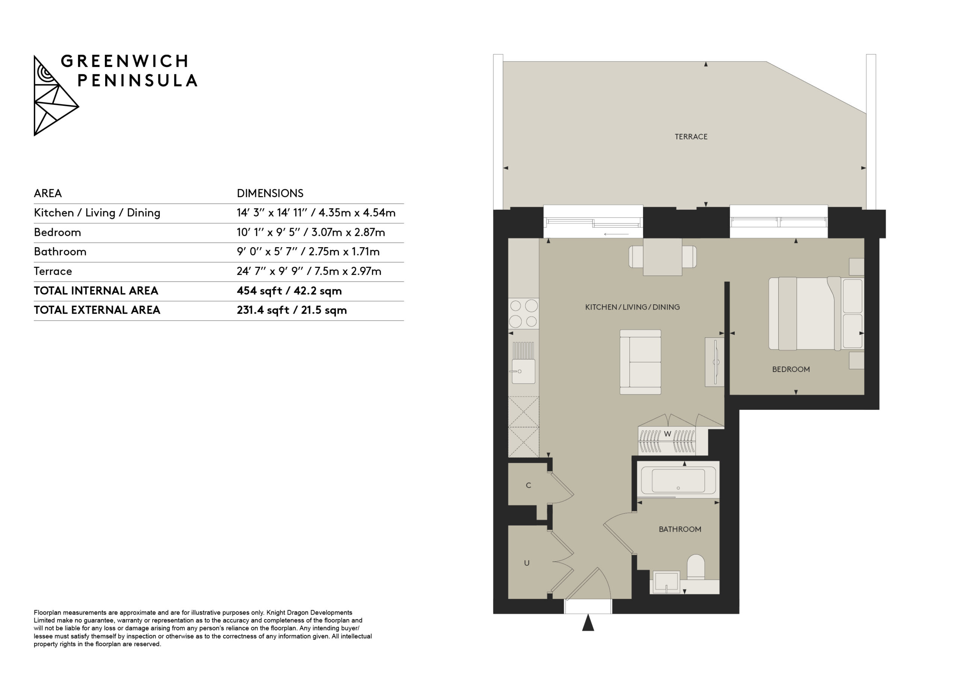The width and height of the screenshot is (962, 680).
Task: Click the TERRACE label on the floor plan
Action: [x=691, y=137]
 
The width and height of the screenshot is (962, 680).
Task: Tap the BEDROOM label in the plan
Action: [x=791, y=369]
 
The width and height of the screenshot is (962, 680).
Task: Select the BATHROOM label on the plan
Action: [x=680, y=529]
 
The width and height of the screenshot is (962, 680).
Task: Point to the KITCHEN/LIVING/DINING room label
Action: [x=632, y=307]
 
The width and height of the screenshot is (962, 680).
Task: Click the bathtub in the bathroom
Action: [x=678, y=480]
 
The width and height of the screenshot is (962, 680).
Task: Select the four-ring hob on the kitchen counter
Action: [x=523, y=313]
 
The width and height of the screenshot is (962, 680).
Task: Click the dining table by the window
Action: [x=663, y=257]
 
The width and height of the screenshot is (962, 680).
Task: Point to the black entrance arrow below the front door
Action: [x=588, y=622]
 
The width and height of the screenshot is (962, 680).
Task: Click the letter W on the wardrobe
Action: [x=667, y=434]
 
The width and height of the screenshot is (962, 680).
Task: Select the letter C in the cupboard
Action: [x=528, y=485]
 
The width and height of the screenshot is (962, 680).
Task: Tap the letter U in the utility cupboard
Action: [x=527, y=563]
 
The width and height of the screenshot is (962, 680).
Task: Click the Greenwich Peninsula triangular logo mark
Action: [x=55, y=95]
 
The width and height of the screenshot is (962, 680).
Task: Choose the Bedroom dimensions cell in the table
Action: [x=310, y=233]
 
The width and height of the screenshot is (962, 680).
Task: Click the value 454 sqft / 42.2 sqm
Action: [x=289, y=291]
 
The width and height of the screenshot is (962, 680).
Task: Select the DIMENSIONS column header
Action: [x=270, y=193]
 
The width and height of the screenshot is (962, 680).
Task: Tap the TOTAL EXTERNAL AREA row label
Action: [x=97, y=310]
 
